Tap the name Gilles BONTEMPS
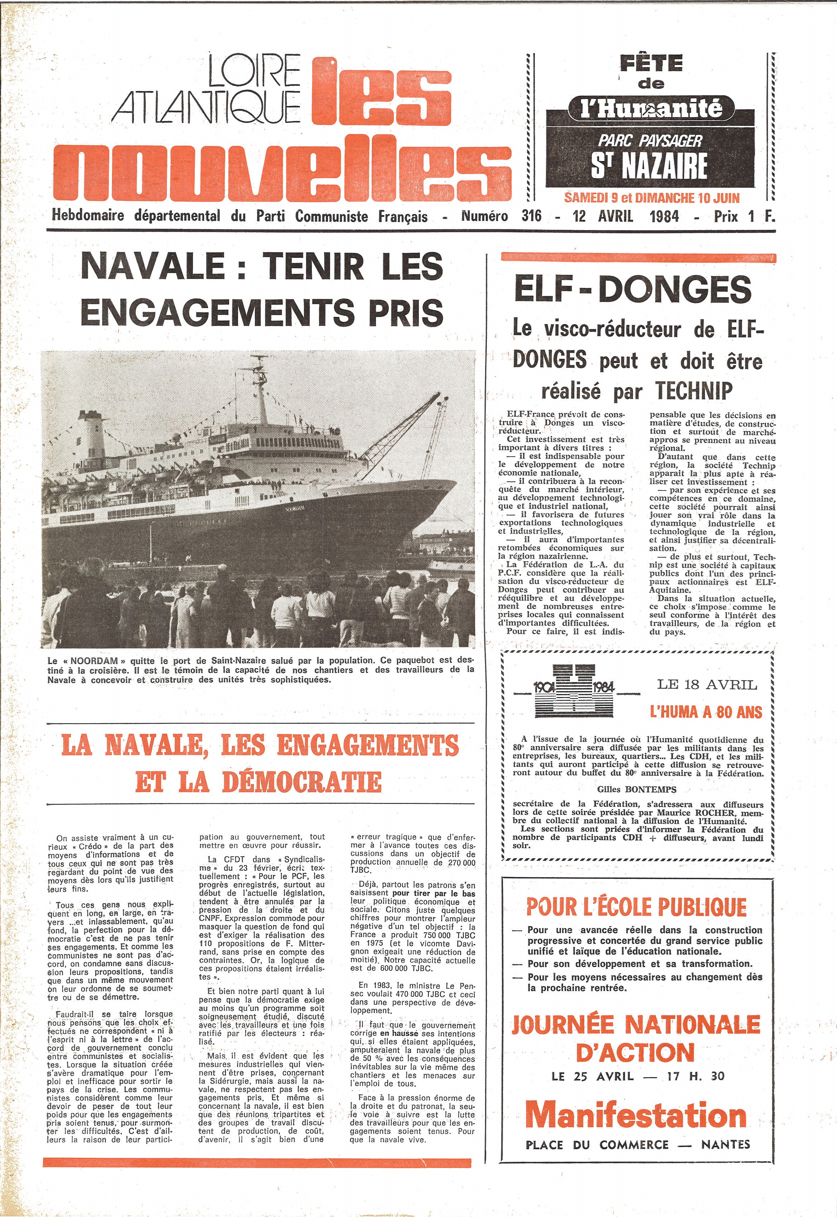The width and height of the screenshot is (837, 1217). pos(637,789)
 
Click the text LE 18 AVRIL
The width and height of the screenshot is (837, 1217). pos(707,685)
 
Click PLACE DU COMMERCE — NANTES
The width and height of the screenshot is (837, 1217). pos(638,1145)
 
